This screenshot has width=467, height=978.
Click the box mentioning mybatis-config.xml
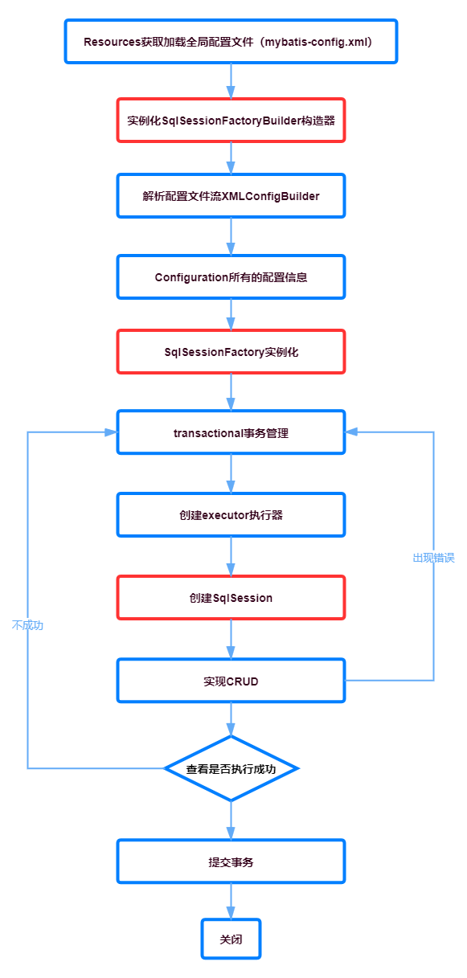[231, 42]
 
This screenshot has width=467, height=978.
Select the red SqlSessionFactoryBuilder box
[231, 120]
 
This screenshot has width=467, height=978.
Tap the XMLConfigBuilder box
[231, 196]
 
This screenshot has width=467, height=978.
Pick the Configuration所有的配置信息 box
[231, 277]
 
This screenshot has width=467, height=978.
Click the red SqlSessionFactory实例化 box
[231, 352]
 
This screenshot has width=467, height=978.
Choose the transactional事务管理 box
[231, 432]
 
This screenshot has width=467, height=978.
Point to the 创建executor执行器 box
[231, 515]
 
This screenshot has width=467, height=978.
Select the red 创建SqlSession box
[231, 598]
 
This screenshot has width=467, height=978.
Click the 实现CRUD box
[231, 681]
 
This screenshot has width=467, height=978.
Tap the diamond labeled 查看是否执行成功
[231, 768]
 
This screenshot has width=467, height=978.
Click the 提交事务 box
[231, 861]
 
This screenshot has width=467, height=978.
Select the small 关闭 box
[231, 939]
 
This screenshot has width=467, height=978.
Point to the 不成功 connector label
[27, 625]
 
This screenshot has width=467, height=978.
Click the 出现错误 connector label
[434, 558]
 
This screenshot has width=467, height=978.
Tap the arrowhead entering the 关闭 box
[231, 913]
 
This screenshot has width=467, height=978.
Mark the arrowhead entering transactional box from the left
[111, 432]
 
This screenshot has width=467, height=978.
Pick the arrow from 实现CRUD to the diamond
[231, 719]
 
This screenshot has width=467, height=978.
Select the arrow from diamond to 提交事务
[231, 820]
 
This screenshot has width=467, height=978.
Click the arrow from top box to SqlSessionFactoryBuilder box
[231, 81]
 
